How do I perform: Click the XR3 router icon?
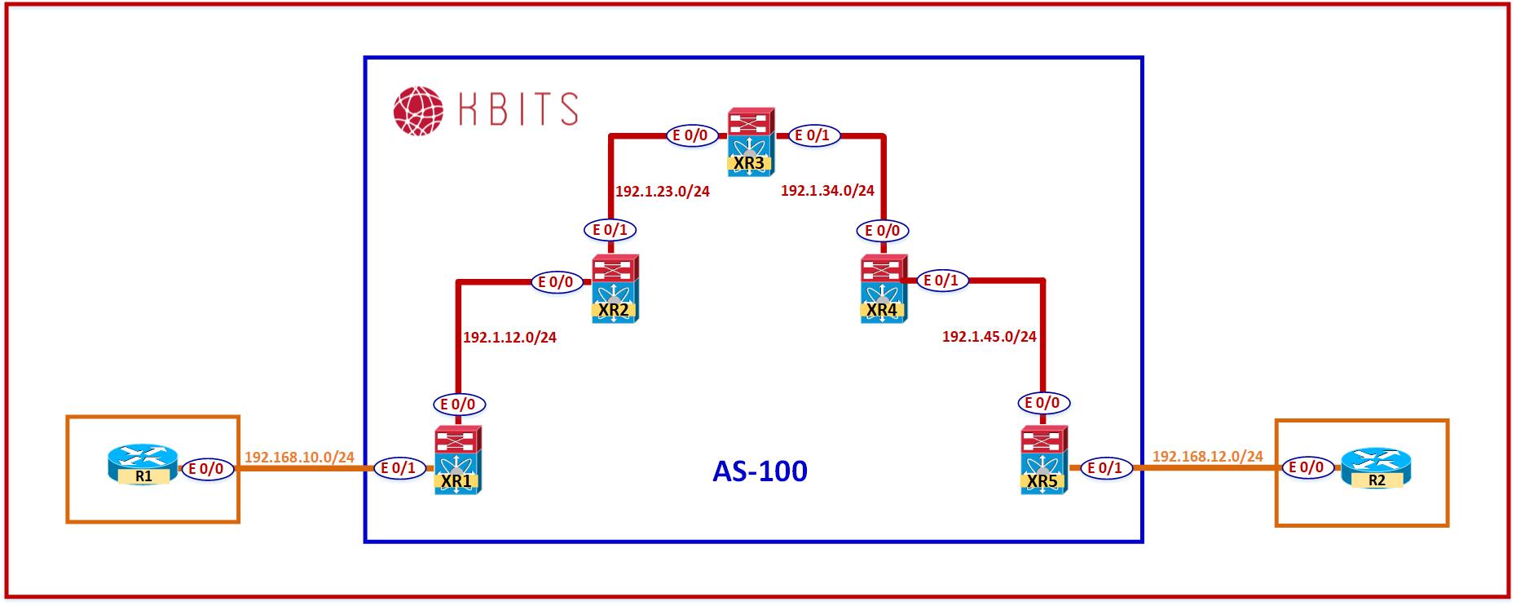pos(751,142)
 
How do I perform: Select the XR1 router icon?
pos(457,460)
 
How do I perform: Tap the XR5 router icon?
pos(1043,461)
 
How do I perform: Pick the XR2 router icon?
pos(615,289)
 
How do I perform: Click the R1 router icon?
pos(143,467)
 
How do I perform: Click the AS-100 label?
pos(760,471)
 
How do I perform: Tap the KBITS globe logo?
pos(418,109)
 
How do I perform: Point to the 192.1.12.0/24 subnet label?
pos(509,337)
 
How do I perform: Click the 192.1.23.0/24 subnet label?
pos(662,192)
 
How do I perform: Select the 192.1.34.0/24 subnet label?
pos(827,191)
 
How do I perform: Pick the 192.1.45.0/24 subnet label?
pos(989,336)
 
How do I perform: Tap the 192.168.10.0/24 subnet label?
pos(299,457)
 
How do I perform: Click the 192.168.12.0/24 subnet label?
pos(1207,456)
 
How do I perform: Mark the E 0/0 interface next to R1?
pos(207,469)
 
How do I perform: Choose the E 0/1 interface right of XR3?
pos(813,135)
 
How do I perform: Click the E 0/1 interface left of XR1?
pos(400,468)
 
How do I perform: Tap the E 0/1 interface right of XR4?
pos(943,281)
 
